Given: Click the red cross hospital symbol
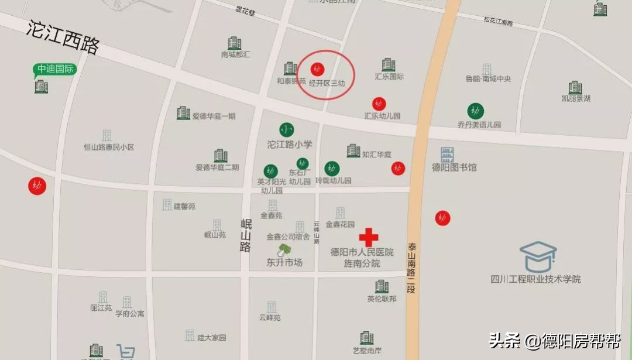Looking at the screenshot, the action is click(x=368, y=237).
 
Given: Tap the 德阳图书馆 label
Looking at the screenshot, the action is click(x=454, y=167).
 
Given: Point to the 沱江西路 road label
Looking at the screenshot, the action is click(x=63, y=37).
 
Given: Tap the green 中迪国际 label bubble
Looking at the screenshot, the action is click(x=55, y=69).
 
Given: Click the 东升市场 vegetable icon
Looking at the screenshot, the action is click(x=284, y=251).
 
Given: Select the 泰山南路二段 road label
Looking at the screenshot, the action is click(x=412, y=269).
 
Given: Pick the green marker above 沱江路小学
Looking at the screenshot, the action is click(x=286, y=130).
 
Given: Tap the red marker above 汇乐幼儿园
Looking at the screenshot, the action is click(x=379, y=104).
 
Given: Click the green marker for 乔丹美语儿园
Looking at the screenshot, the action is click(x=475, y=111).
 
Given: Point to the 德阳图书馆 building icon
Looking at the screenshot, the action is click(x=448, y=155).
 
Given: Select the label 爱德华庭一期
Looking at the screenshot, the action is click(x=214, y=116).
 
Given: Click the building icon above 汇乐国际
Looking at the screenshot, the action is click(x=389, y=65).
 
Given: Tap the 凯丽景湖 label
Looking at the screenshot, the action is click(x=576, y=98).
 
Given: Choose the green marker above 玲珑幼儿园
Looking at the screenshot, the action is click(x=332, y=169).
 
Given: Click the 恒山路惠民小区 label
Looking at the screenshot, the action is click(x=109, y=148).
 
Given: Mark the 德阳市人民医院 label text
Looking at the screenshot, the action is click(x=362, y=252).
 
